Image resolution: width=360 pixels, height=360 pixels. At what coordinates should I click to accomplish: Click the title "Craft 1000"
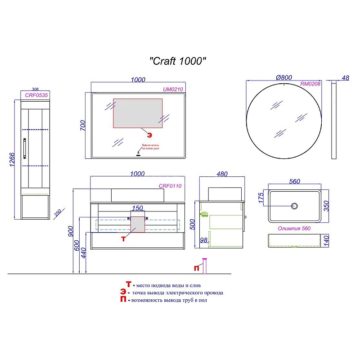click(x=178, y=61)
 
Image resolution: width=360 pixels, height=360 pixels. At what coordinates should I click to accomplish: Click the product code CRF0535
click(x=36, y=95)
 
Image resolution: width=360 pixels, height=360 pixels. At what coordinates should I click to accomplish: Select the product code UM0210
click(x=172, y=90)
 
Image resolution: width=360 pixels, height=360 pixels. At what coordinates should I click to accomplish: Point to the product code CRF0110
click(x=170, y=186)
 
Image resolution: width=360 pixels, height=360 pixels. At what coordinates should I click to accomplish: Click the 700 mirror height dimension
click(x=83, y=125)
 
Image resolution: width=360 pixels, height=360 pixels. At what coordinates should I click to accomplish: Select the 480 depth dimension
click(x=222, y=174)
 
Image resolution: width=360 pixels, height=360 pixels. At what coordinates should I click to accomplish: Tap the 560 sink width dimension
click(x=294, y=181)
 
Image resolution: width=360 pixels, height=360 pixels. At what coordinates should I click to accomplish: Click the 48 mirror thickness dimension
click(x=346, y=78)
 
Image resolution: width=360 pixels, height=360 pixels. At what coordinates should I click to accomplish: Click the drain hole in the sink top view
click(x=295, y=206)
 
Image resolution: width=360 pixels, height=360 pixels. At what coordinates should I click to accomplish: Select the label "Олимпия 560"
click(x=294, y=229)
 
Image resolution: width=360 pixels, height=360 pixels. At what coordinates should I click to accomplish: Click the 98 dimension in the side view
click(x=204, y=240)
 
